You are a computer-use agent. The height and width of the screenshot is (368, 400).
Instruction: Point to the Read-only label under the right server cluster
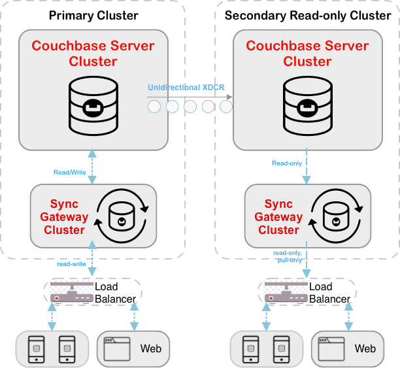[x=287, y=163]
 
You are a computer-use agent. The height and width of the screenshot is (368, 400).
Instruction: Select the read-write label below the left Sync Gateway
[x=72, y=264]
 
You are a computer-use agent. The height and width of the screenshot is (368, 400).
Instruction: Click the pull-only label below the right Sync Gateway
[x=290, y=259]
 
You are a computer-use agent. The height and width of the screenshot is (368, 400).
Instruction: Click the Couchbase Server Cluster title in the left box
[x=93, y=54]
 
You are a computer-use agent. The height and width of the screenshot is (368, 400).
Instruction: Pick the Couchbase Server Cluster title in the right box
[x=307, y=54]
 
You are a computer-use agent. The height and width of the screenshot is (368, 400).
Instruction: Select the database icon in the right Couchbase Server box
[x=307, y=104]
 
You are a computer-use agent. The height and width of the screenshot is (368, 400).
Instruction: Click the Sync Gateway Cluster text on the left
[x=64, y=217]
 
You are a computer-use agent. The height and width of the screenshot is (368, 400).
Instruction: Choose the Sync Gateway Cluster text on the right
[x=278, y=217]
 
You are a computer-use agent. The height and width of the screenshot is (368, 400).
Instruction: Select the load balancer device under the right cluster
[x=286, y=293]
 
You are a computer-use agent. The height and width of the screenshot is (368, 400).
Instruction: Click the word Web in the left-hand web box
[x=151, y=348]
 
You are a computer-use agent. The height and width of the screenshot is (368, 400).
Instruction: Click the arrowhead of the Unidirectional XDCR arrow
[x=229, y=97]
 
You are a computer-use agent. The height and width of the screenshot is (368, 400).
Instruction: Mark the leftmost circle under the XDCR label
[x=154, y=107]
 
